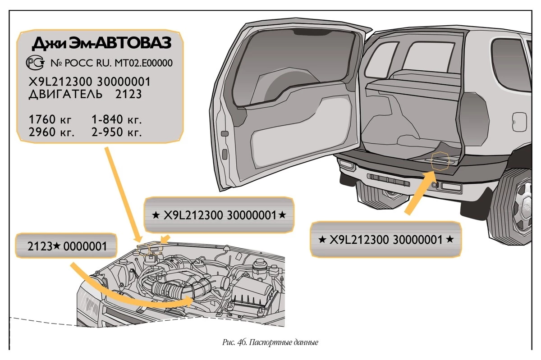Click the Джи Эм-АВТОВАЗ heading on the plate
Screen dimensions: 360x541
point(101,44)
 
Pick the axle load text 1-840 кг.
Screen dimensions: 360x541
point(117,120)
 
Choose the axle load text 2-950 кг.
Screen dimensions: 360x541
point(117,133)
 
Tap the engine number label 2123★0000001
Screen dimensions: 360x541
point(67,246)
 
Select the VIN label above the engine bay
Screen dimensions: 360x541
point(219,215)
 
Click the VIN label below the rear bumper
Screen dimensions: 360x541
point(385,239)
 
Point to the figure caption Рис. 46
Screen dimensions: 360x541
point(270,342)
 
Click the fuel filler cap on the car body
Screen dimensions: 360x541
point(519,120)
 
